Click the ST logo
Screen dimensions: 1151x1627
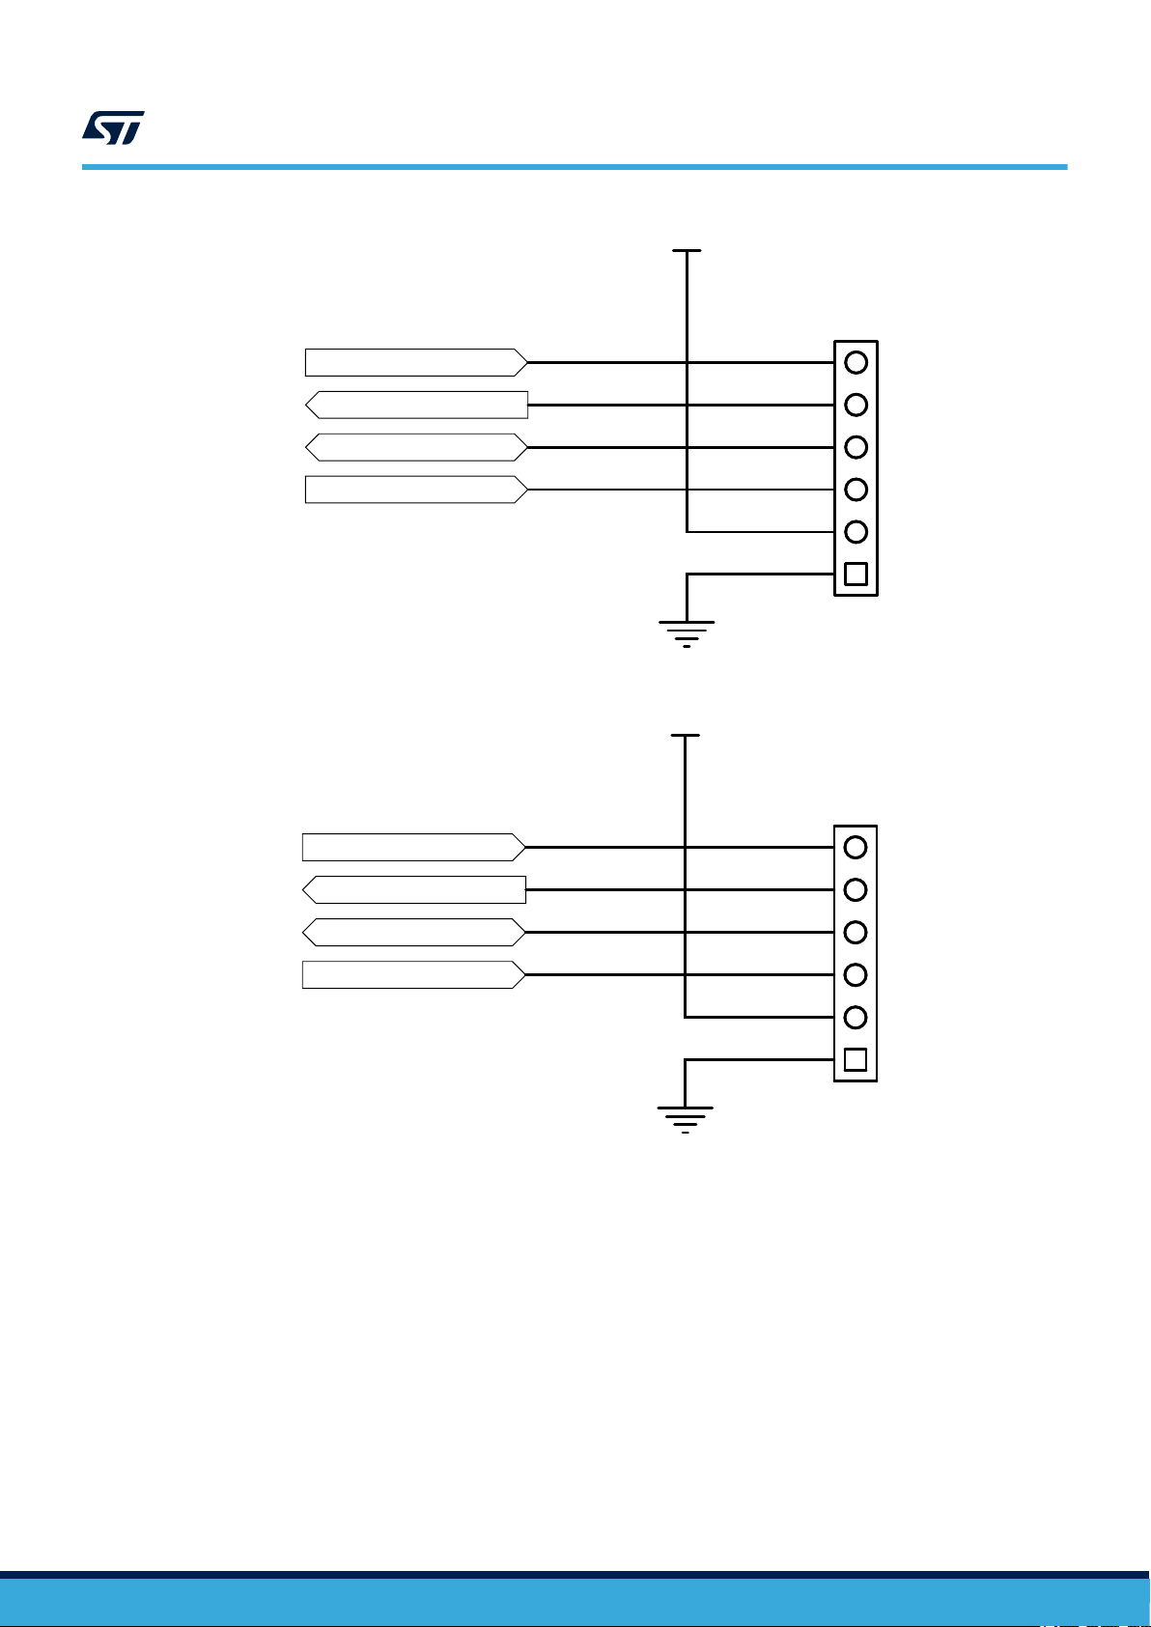click(x=113, y=126)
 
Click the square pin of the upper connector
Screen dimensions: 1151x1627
click(x=856, y=575)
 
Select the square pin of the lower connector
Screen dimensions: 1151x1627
click(x=855, y=1059)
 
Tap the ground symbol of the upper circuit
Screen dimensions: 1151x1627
click(x=687, y=632)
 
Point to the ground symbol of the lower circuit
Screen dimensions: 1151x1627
click(x=685, y=1118)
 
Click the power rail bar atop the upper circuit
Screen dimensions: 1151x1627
click(x=687, y=251)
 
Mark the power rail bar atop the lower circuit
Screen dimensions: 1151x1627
click(x=685, y=736)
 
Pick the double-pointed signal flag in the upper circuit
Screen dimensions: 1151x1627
click(x=416, y=447)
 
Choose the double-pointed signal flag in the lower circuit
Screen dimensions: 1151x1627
click(x=414, y=932)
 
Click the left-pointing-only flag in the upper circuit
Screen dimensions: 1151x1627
click(x=416, y=405)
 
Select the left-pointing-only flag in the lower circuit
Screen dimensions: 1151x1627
click(x=414, y=889)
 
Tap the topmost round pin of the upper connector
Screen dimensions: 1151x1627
click(x=856, y=362)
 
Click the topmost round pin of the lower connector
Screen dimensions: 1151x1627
click(x=855, y=847)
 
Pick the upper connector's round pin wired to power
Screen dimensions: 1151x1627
click(x=856, y=532)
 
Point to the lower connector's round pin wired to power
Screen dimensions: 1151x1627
click(x=855, y=1017)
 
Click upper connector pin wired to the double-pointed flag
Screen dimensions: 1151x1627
click(x=856, y=447)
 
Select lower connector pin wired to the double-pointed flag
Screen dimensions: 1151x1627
click(x=855, y=932)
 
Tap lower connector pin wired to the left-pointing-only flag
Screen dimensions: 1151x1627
click(x=855, y=889)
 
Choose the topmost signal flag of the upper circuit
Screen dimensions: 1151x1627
click(x=416, y=362)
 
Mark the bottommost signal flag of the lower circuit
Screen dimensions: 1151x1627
click(x=414, y=974)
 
